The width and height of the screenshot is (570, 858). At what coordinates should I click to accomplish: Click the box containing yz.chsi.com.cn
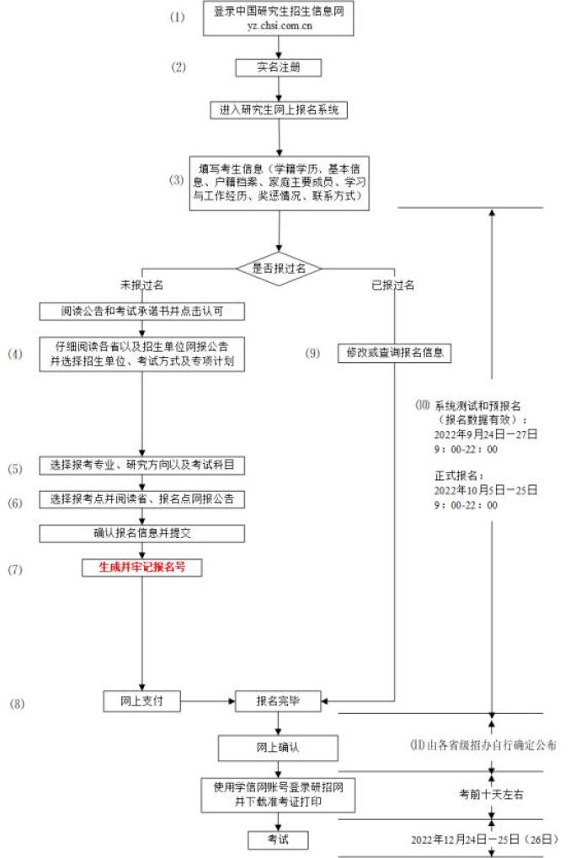tap(266, 18)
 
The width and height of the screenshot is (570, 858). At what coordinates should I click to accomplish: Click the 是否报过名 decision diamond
tap(278, 268)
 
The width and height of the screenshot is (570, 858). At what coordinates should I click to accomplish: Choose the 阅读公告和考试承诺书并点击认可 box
tap(142, 312)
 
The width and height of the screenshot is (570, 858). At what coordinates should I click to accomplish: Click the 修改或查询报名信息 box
tap(395, 353)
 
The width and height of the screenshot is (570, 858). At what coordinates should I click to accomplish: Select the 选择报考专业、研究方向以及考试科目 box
tap(142, 466)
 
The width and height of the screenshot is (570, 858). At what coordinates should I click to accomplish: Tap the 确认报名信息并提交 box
tap(142, 533)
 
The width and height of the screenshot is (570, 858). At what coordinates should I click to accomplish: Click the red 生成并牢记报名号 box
tap(142, 567)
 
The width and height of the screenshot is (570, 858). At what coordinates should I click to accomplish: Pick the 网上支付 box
tap(142, 700)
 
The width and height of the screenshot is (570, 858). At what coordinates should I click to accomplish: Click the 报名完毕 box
tap(278, 700)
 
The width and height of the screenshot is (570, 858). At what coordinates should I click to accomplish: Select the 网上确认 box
tap(278, 747)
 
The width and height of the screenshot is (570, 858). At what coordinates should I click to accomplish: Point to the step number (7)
tap(16, 570)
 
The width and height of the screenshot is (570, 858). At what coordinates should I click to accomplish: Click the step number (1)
tap(176, 17)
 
